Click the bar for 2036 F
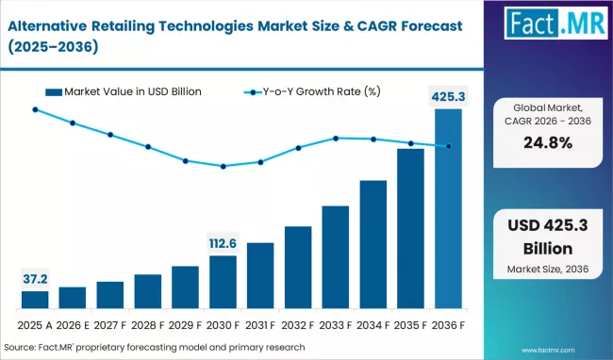(448, 209)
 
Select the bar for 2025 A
(35, 300)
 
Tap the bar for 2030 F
(223, 282)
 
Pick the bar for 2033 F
(336, 257)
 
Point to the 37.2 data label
(35, 279)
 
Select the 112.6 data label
(223, 244)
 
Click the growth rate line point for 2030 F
(223, 167)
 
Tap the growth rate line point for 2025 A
(35, 109)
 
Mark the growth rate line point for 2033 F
(336, 139)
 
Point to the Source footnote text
(160, 346)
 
